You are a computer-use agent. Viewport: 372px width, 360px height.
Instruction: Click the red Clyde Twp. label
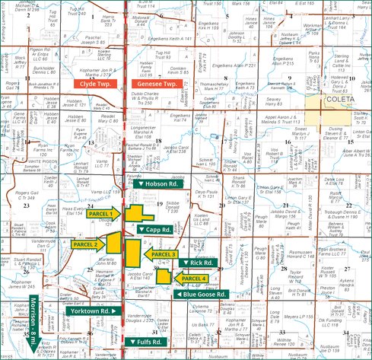click(x=93, y=84)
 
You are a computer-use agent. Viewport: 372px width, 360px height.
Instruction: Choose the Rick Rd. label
click(x=199, y=263)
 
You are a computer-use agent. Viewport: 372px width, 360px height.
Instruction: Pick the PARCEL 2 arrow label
click(x=87, y=244)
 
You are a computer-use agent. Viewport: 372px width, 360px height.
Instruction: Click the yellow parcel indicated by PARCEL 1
click(x=138, y=215)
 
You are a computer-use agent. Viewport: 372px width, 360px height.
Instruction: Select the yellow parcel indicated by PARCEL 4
click(x=164, y=276)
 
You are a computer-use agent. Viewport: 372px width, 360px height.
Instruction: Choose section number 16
click(x=288, y=142)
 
